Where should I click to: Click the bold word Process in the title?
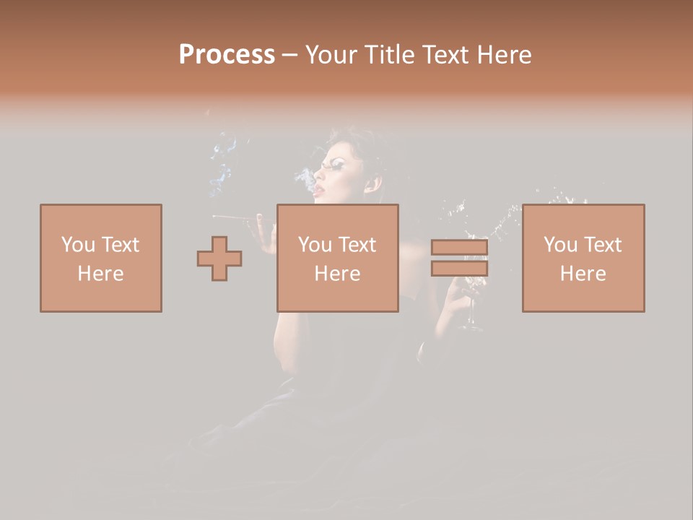(x=227, y=55)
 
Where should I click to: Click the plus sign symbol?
(x=219, y=259)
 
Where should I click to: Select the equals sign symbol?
(x=459, y=258)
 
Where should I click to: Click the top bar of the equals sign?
(x=459, y=248)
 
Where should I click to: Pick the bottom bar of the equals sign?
(x=459, y=269)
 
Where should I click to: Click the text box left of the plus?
(x=101, y=258)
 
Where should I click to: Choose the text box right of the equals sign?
(x=583, y=258)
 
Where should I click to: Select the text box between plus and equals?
(x=337, y=258)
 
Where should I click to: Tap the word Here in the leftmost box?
(x=100, y=273)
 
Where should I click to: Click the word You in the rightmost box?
(x=560, y=245)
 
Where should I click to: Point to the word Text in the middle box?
(x=357, y=245)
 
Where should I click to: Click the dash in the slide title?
(x=289, y=55)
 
